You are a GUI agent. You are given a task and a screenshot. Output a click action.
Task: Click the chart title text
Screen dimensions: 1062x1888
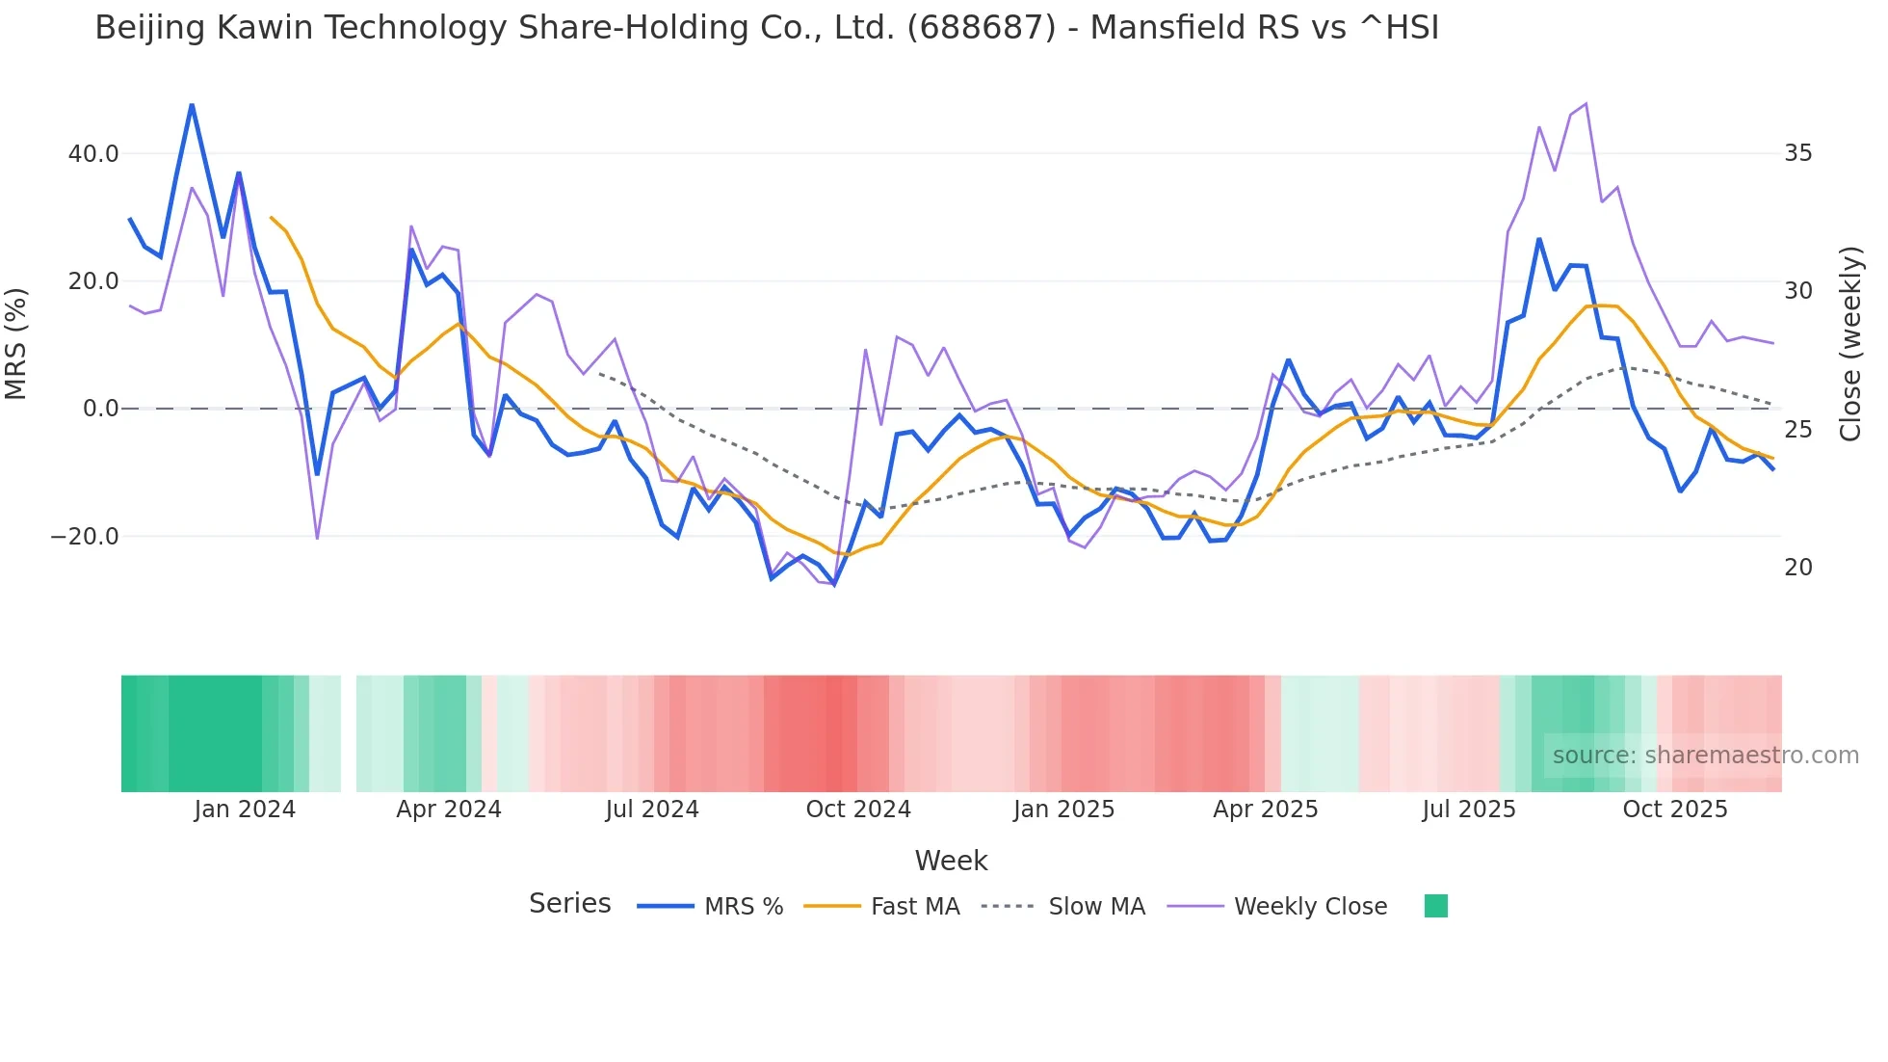point(767,28)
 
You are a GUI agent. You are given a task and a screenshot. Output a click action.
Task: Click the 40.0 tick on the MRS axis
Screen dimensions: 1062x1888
point(93,154)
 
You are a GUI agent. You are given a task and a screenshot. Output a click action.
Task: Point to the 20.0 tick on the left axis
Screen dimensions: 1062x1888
point(93,281)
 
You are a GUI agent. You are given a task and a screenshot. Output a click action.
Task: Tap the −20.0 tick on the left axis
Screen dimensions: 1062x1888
point(85,537)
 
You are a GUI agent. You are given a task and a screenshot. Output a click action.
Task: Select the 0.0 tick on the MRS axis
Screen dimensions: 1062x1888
point(100,409)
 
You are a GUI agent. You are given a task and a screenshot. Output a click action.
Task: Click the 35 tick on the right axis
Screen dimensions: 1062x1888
point(1797,153)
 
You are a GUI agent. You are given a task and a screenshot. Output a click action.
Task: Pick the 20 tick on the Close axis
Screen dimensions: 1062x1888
point(1797,568)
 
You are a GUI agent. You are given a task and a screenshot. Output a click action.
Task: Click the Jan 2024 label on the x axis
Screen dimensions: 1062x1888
point(245,810)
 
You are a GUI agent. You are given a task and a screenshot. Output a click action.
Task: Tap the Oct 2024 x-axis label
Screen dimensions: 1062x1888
point(858,810)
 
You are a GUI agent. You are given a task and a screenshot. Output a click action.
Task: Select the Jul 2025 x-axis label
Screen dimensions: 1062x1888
point(1469,810)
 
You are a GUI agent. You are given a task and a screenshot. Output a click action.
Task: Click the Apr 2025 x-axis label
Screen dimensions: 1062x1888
point(1265,810)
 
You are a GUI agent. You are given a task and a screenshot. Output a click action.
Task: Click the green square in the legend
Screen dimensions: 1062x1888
point(1435,906)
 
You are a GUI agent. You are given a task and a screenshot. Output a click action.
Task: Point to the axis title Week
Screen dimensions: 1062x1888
point(951,861)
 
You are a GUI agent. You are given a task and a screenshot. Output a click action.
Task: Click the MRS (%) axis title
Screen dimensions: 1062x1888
point(16,343)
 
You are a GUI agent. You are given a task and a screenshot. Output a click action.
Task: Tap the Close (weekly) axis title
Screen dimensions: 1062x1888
point(1850,344)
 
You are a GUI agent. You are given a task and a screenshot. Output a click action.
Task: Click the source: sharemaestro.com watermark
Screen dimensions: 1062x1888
point(1705,756)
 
